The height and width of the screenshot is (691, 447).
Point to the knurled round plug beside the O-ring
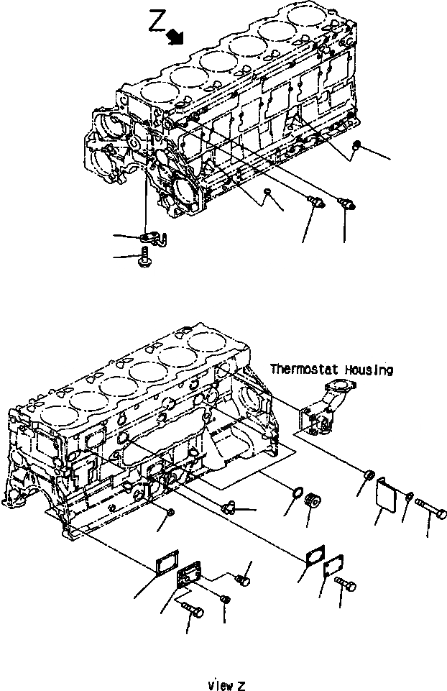(313, 500)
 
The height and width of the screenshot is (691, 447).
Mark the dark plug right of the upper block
(357, 147)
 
